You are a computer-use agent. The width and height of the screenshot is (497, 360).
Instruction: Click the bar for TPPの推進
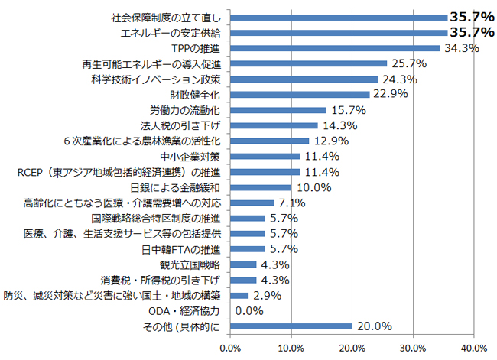pyautogui.click(x=334, y=48)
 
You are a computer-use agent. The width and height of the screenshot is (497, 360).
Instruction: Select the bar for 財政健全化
pyautogui.click(x=299, y=95)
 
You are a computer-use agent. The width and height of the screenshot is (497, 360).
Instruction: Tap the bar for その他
pyautogui.click(x=291, y=326)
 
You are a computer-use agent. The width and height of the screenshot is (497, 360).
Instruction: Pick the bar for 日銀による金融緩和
pyautogui.click(x=260, y=187)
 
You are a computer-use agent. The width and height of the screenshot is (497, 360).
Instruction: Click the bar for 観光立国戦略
pyautogui.click(x=242, y=264)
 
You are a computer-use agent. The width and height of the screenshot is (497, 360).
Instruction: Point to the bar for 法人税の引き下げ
pyautogui.click(x=273, y=125)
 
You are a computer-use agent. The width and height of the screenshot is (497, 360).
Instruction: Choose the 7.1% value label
pyautogui.click(x=294, y=203)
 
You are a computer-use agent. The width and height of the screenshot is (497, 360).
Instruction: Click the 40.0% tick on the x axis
pyautogui.click(x=474, y=349)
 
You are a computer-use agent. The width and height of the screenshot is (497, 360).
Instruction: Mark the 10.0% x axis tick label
pyautogui.click(x=291, y=349)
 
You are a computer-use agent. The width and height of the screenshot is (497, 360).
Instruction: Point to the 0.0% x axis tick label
pyautogui.click(x=229, y=349)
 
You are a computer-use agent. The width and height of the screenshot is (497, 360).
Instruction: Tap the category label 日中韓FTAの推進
pyautogui.click(x=181, y=249)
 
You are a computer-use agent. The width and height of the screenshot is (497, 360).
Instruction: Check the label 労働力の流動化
pyautogui.click(x=184, y=110)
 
